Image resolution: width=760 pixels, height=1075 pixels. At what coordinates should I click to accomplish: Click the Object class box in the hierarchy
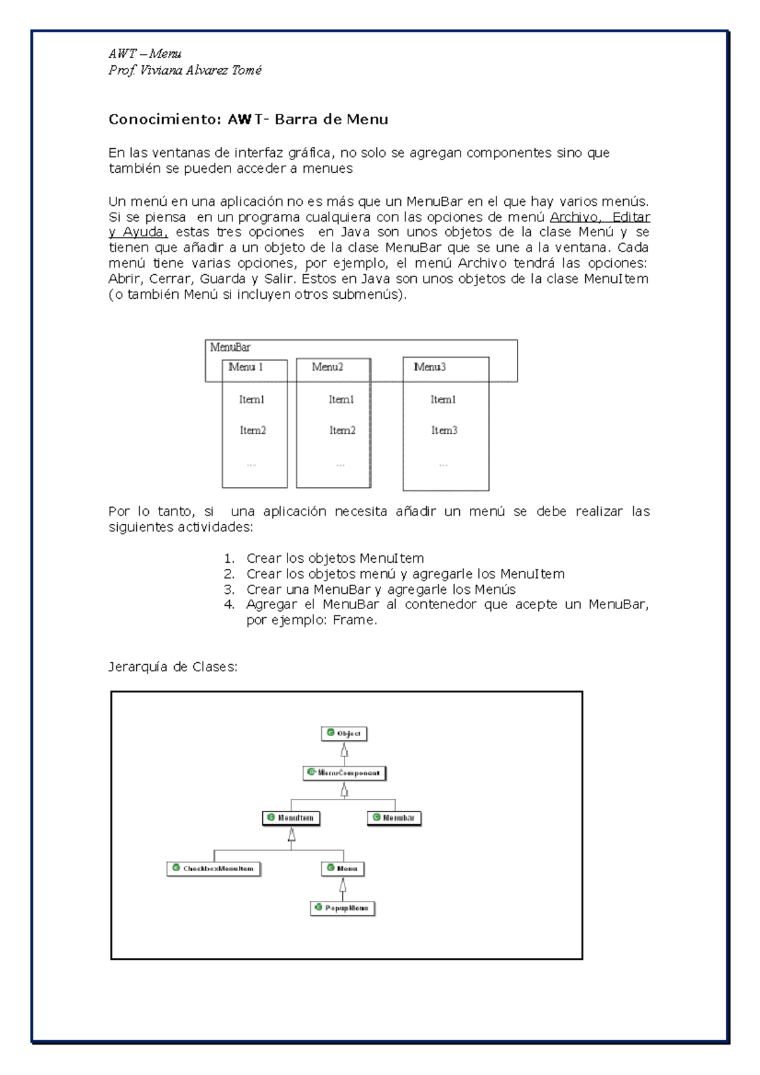345,733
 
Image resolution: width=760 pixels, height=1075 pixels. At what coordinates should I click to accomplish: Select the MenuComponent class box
344,772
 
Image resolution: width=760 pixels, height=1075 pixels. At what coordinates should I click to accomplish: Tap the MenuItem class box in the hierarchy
291,818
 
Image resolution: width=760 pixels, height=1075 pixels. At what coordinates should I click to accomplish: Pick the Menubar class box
394,818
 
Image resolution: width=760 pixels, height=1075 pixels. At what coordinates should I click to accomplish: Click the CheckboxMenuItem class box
213,869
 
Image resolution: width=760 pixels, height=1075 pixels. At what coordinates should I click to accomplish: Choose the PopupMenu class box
343,908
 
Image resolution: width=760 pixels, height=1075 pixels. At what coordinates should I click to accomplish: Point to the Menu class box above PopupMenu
343,869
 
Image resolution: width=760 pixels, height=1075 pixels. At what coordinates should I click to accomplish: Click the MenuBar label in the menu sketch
231,347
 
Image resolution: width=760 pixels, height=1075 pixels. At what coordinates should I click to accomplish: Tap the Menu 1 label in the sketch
246,367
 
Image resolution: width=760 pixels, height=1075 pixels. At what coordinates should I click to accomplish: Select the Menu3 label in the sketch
430,367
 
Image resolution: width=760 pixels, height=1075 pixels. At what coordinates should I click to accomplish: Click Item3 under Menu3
444,431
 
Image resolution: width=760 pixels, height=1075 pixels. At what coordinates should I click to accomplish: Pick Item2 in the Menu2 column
342,431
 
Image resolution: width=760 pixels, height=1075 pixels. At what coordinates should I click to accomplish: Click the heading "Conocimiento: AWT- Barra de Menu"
248,120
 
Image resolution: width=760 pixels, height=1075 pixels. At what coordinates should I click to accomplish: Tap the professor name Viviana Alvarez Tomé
201,70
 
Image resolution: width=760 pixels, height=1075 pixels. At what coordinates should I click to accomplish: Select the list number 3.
229,589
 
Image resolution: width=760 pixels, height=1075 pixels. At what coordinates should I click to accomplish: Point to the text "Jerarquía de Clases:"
173,667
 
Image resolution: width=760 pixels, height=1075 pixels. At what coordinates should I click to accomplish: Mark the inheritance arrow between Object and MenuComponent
345,751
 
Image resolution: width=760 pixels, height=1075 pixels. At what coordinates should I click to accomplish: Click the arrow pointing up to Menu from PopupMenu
343,886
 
